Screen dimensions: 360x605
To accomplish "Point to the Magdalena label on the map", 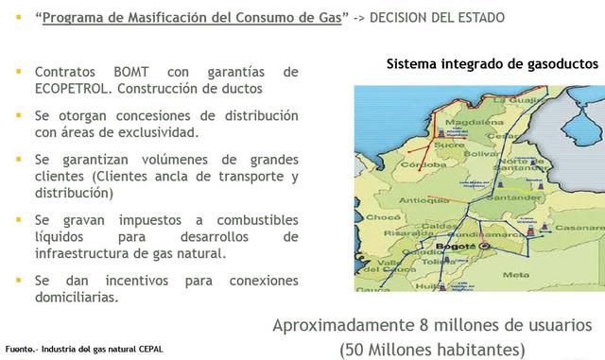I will (x=466, y=121).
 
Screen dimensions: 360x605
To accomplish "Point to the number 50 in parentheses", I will (x=356, y=348).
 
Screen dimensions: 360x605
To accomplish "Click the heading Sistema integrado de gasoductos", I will (x=493, y=65).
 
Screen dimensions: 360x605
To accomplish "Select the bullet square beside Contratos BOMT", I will (x=19, y=72).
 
